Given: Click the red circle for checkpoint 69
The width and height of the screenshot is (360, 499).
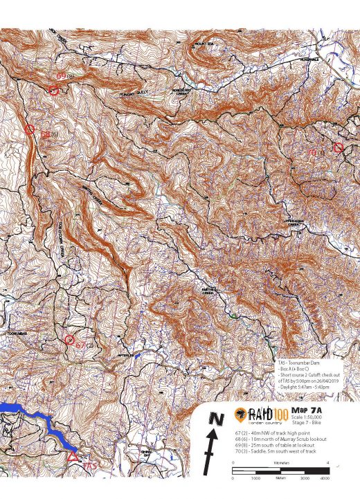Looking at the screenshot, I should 53,89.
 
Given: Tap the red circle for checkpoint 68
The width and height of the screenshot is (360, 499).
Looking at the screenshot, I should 29,129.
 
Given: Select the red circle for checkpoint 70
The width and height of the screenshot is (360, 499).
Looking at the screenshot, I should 338,147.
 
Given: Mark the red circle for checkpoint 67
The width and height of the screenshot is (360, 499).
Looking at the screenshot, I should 69,339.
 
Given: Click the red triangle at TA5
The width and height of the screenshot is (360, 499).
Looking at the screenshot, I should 73,455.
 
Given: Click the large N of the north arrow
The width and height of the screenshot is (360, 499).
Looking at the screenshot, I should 217,419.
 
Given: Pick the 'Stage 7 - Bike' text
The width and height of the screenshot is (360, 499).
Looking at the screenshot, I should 309,422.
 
